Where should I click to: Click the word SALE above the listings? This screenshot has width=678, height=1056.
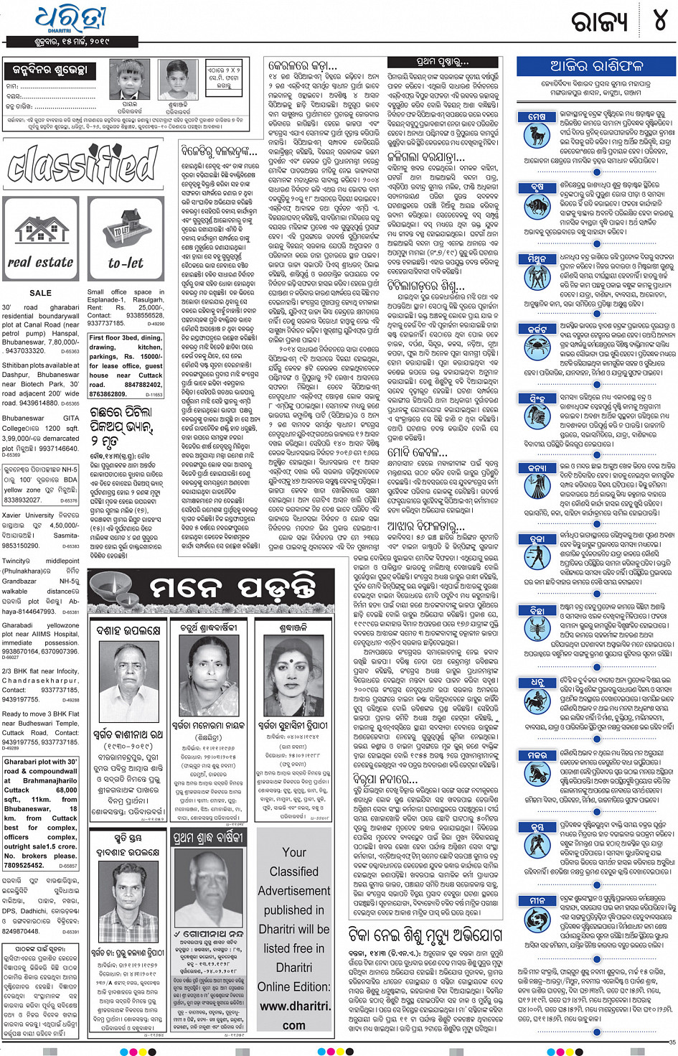pyautogui.click(x=41, y=293)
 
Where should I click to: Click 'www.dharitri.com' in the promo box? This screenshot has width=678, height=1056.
pyautogui.click(x=294, y=1006)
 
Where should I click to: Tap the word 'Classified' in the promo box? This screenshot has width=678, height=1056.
pyautogui.click(x=294, y=872)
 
